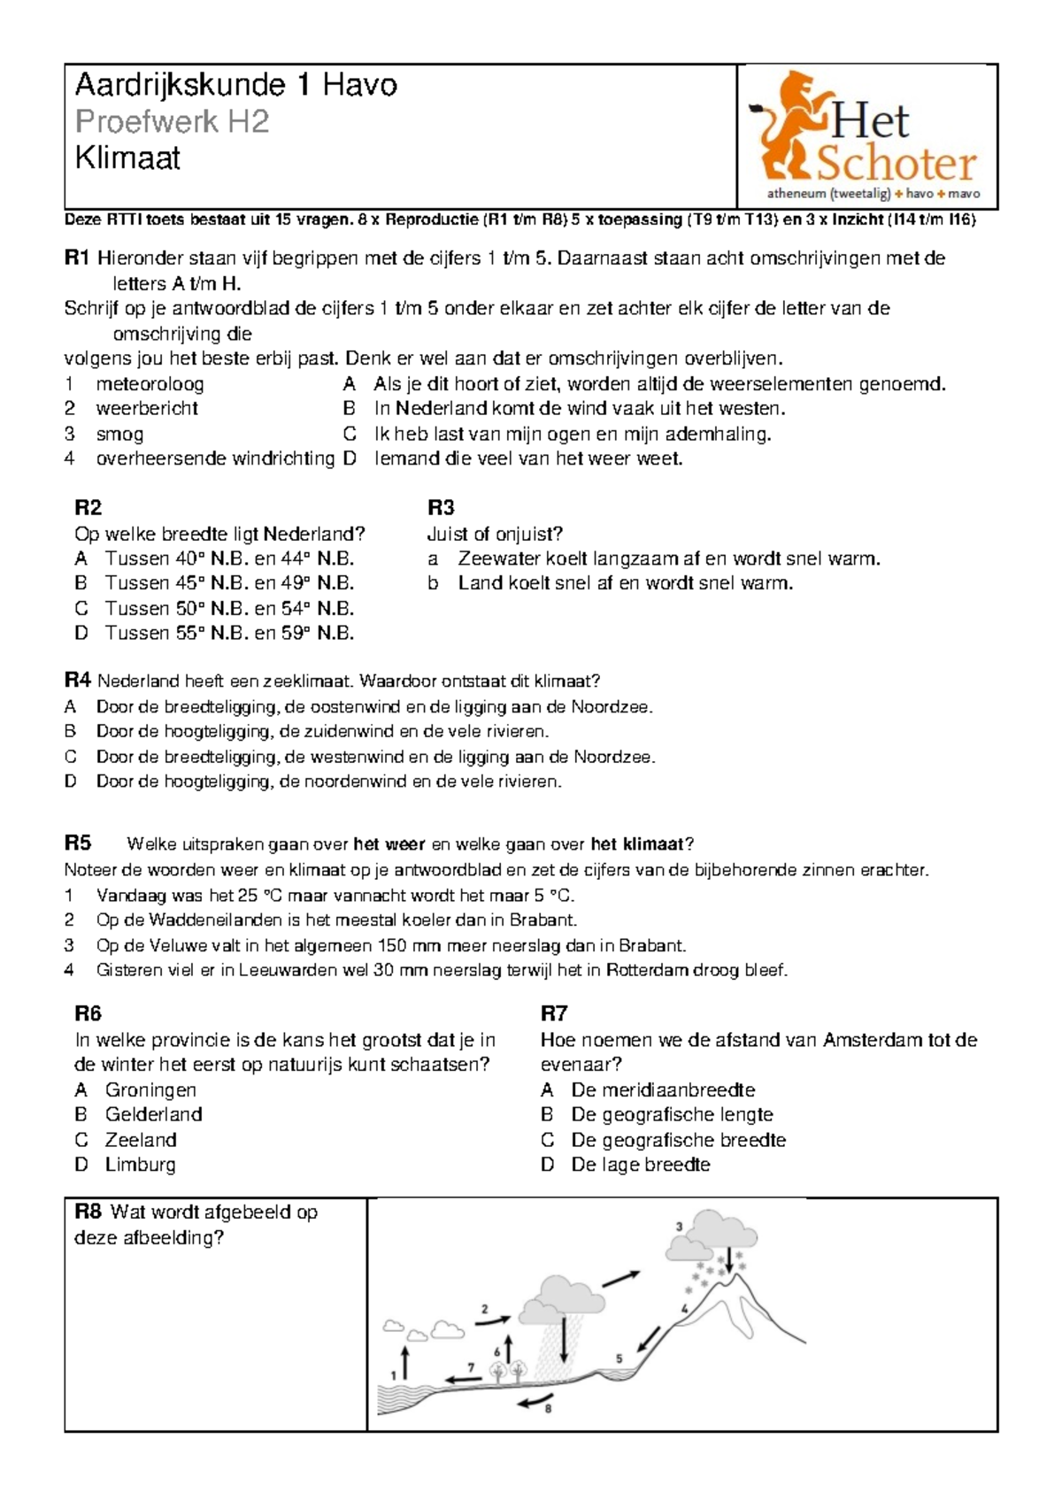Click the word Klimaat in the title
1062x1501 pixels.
127,158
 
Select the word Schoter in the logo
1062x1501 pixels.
895,164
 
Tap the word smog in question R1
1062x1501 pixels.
119,434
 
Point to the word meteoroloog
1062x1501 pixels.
150,384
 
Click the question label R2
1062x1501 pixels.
88,507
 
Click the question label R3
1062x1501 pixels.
441,507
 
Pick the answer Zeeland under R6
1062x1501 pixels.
141,1140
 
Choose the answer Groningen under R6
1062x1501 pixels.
150,1090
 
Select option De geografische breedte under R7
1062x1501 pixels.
678,1140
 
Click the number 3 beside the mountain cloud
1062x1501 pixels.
680,1227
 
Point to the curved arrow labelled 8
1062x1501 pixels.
534,1400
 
